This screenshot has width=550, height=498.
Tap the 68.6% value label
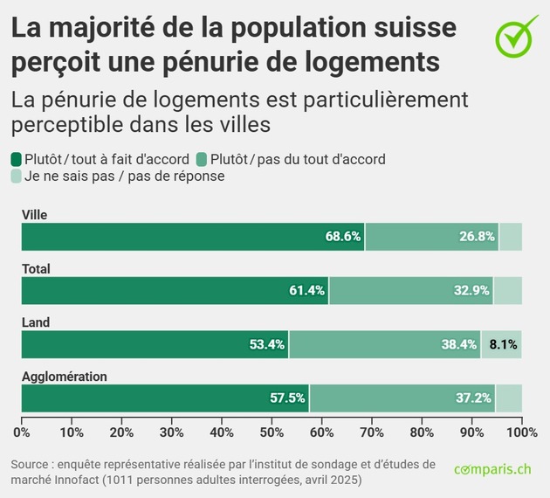tap(343, 237)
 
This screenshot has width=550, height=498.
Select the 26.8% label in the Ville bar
tap(477, 237)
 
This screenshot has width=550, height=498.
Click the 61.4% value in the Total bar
tap(306, 291)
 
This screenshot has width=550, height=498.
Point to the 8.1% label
tap(502, 344)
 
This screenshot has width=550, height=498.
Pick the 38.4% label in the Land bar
tap(459, 344)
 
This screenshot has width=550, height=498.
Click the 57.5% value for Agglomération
tap(287, 398)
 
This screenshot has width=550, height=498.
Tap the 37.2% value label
tap(473, 398)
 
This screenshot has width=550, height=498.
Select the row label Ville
tap(34, 215)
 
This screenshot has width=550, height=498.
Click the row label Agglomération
tap(64, 377)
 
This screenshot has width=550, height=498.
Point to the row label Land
tap(36, 322)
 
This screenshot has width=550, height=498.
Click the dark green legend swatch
tap(17, 159)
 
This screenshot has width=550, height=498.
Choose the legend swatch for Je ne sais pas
tap(17, 176)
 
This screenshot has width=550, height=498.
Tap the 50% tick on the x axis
tap(272, 432)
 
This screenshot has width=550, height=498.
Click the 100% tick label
tap(521, 432)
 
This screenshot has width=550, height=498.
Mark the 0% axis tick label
tap(22, 432)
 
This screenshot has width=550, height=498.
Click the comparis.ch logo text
tap(492, 469)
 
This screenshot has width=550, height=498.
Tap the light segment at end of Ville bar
tap(510, 237)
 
